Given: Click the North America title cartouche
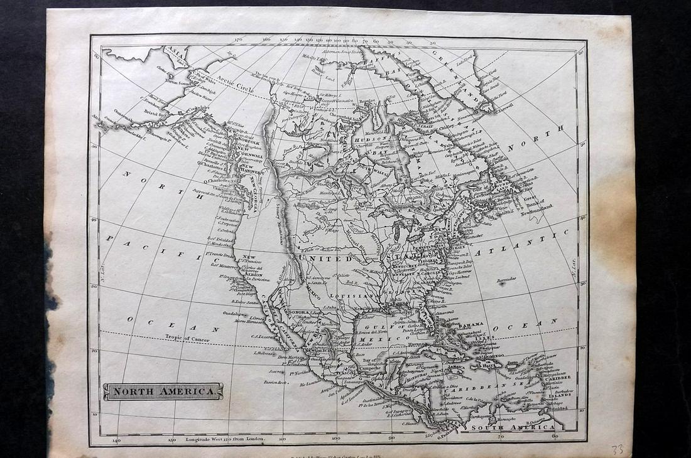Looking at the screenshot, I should (x=163, y=392).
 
